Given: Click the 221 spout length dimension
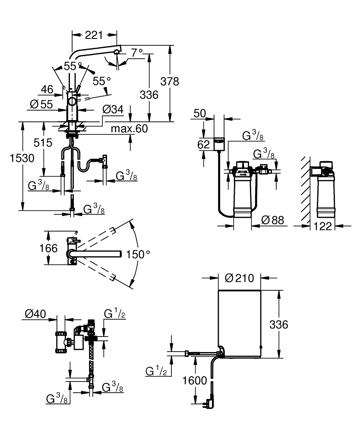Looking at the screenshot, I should click(x=94, y=36).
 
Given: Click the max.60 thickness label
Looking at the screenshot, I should click(x=129, y=128).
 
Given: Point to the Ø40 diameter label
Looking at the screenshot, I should click(x=34, y=314).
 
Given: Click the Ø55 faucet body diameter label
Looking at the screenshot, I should click(x=42, y=104).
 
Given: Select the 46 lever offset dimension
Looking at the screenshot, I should click(x=47, y=89).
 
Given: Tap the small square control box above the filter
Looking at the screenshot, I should click(x=219, y=143).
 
